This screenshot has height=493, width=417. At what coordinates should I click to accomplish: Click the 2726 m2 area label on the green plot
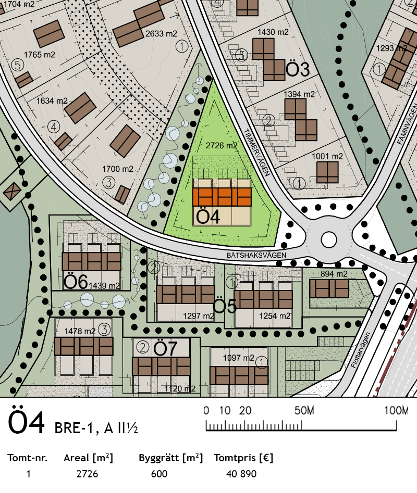point(221,146)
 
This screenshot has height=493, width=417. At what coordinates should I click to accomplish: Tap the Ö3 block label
point(298,69)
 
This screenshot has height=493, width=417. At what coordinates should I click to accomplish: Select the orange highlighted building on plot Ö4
point(222,197)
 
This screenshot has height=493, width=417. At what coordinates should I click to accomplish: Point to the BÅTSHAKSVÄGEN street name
point(256,255)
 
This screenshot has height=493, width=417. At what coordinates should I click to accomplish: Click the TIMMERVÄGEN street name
point(257,153)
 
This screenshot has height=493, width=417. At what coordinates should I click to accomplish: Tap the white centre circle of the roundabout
point(329,239)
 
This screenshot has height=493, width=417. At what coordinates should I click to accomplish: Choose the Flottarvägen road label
point(361,350)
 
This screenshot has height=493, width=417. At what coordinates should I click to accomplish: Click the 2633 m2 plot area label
point(161,34)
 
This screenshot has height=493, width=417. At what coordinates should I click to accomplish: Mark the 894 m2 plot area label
point(334,274)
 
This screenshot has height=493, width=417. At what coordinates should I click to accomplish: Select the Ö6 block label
point(76,282)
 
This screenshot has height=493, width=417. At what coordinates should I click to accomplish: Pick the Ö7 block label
point(165,348)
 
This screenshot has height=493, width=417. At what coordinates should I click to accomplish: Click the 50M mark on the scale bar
point(304,410)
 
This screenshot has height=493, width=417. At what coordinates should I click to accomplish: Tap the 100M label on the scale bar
point(396,410)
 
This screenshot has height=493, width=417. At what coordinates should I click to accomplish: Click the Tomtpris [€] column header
point(243,458)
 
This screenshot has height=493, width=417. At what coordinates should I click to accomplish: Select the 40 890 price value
point(241,474)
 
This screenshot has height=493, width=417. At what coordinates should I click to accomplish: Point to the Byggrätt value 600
point(160,474)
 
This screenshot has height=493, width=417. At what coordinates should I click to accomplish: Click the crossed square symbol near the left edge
point(11,191)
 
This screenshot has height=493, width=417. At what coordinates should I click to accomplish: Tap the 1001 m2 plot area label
point(327,156)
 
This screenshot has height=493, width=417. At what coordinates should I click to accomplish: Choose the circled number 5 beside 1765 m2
point(18,65)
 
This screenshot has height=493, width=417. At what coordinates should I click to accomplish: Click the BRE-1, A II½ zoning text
point(96,428)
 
